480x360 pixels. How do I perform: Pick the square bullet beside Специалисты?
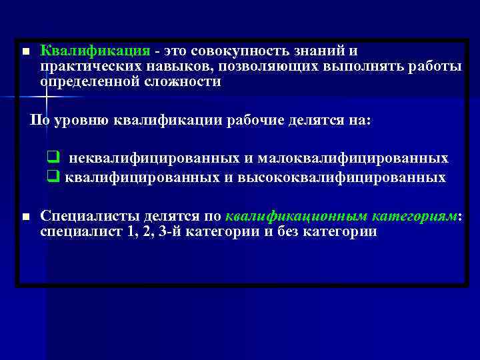25,217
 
